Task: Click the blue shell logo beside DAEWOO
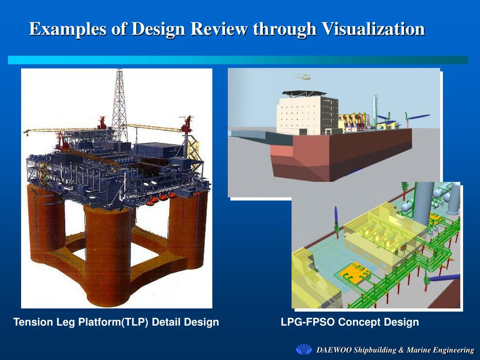click(x=304, y=350)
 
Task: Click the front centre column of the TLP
click(x=107, y=253)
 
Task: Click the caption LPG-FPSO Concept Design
click(x=350, y=322)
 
